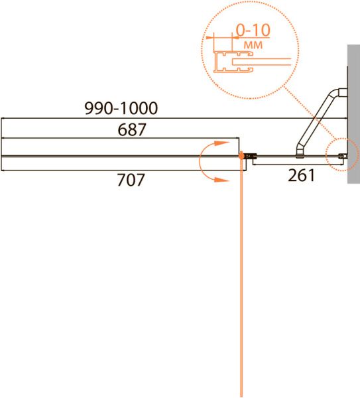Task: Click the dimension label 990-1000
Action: click(121, 108)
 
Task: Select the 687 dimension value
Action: click(132, 129)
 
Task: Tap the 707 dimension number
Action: click(131, 180)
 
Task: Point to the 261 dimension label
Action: click(302, 175)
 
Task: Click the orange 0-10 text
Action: click(253, 31)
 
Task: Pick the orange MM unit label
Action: click(253, 45)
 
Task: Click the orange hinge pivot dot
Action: click(241, 156)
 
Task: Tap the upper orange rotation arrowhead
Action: click(222, 143)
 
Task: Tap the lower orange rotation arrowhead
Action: click(222, 180)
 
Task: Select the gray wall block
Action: click(353, 114)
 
